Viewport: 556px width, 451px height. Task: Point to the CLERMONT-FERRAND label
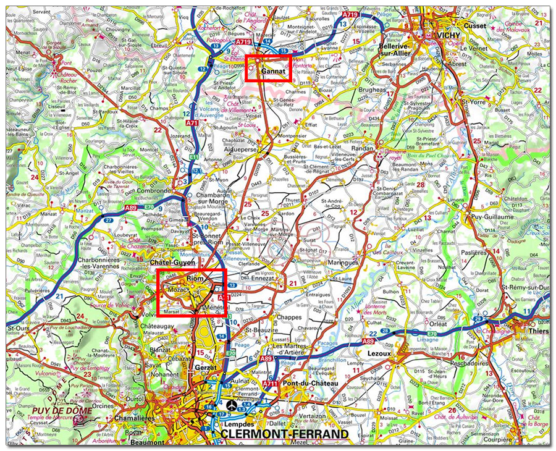(x=284, y=435)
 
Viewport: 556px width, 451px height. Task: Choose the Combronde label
(x=154, y=191)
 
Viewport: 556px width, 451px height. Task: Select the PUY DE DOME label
(x=63, y=410)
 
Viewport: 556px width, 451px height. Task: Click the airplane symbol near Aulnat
(x=230, y=406)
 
